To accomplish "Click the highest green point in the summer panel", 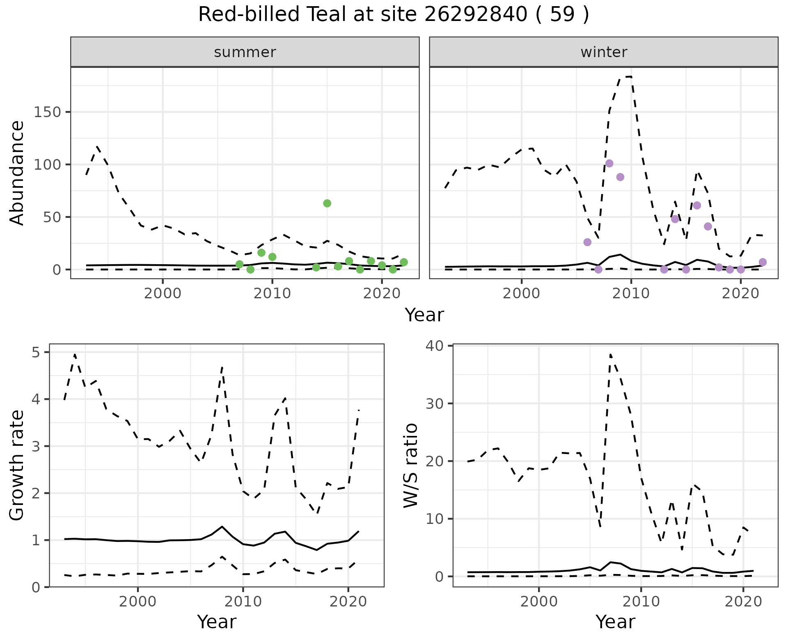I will pos(327,203).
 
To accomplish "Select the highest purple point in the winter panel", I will pos(609,164).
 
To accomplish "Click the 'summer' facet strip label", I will pos(245,52).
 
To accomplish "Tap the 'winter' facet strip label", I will pos(604,52).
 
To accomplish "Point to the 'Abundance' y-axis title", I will pos(17,173).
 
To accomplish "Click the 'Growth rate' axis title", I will pos(17,466).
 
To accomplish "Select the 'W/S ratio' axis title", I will pos(410,466).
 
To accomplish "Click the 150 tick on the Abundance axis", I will pos(47,112).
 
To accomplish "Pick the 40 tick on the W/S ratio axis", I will pos(438,346).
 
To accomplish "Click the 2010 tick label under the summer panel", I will pos(272,294).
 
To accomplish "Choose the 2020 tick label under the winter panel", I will pos(741,294).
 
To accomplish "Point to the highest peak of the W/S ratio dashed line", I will pos(610,354).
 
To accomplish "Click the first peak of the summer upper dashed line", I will pos(97,146).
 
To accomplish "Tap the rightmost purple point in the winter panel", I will pos(763,262).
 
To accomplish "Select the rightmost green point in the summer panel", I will pos(404,262).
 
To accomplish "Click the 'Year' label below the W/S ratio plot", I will pos(615,622).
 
